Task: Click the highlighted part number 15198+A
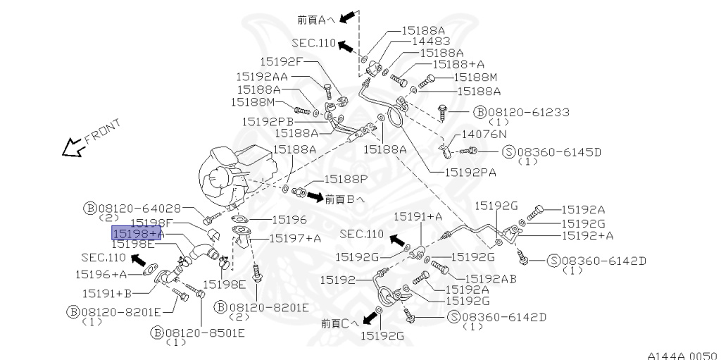137,232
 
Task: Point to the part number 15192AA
261,76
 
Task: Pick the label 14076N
484,133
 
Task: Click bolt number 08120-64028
141,208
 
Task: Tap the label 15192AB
492,278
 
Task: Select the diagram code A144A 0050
682,355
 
